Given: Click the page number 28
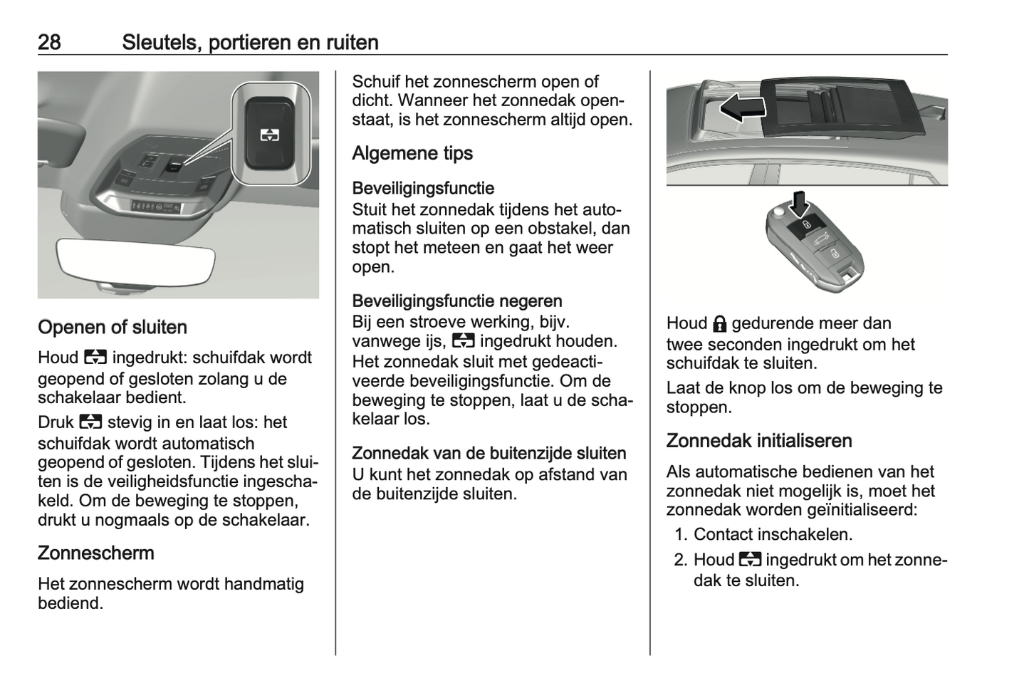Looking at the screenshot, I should [x=49, y=42].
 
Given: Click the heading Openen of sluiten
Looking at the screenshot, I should [x=113, y=328].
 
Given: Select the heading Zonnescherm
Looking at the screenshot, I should [x=95, y=553].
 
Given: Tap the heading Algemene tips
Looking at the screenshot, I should [x=412, y=153].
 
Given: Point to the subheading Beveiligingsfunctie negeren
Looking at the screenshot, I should [x=457, y=301].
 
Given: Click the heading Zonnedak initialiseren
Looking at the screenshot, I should [x=759, y=441].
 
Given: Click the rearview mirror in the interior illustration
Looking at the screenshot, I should [x=135, y=261].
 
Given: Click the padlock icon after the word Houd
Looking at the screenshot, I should [x=719, y=324].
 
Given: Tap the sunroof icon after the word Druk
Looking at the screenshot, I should [x=91, y=422].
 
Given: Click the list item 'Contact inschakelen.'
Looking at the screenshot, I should [x=773, y=534].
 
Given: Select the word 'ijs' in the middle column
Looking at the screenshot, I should [x=434, y=341].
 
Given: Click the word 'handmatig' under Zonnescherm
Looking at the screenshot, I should [x=263, y=585].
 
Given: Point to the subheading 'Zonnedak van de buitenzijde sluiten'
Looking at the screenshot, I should [x=489, y=454].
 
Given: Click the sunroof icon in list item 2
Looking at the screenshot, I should [x=750, y=560].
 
